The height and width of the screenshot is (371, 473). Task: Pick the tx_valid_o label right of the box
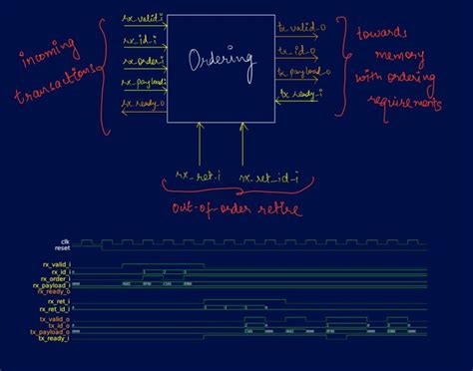coord(297,28)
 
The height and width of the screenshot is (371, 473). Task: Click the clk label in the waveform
coord(65,240)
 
